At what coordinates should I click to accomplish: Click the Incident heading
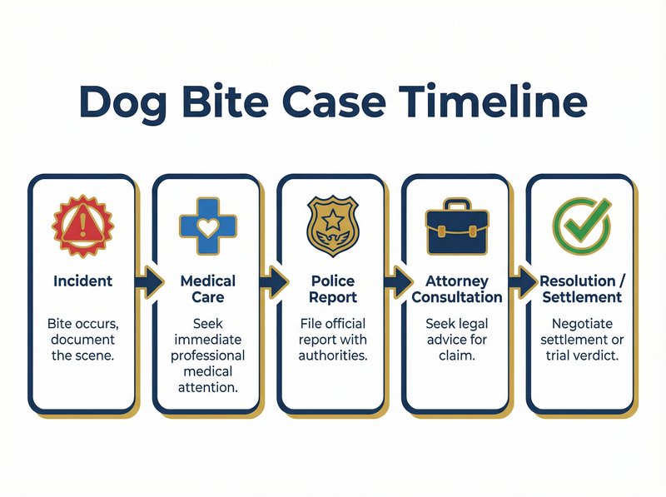point(82,281)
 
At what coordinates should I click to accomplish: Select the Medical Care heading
point(207,289)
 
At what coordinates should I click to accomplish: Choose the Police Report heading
point(332,289)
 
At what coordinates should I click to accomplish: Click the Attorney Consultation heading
point(456,289)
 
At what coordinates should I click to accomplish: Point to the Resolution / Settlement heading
point(581,289)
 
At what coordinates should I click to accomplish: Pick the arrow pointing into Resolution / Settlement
point(521,282)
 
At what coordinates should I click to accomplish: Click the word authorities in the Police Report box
point(332,355)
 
